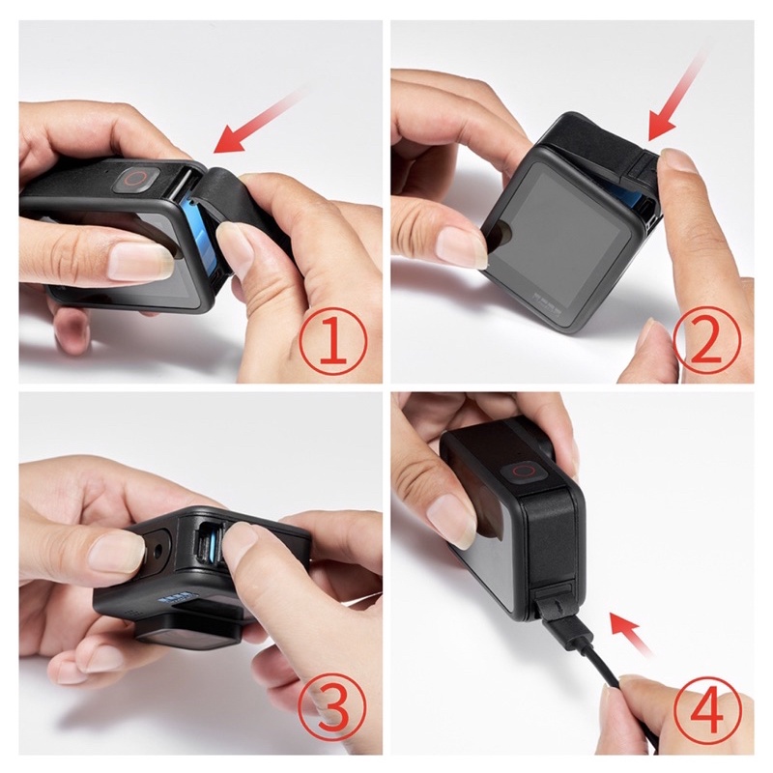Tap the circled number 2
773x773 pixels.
(x=706, y=340)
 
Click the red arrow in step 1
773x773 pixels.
(x=256, y=120)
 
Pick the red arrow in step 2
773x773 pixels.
(x=678, y=94)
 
